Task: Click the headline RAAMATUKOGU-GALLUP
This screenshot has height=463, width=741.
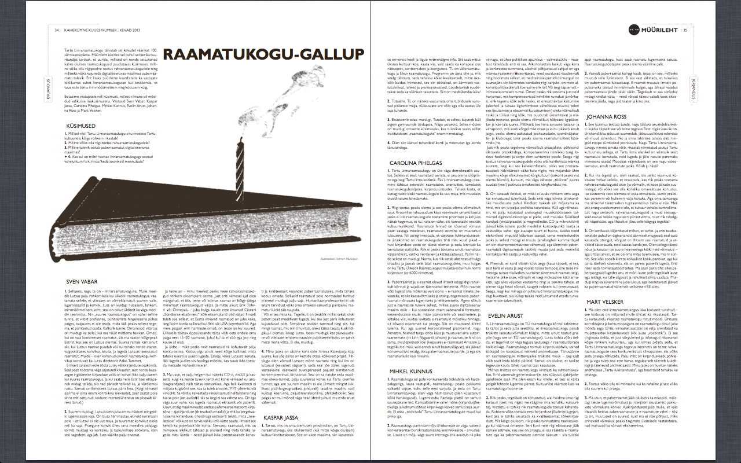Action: click(264, 54)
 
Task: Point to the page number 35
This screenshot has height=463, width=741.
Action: click(685, 30)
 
